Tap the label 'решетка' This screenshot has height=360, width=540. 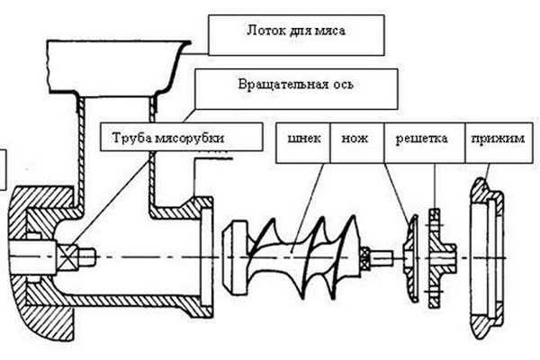(x=421, y=140)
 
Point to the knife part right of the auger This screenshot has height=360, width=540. (x=410, y=256)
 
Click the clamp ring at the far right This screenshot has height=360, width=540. (x=487, y=256)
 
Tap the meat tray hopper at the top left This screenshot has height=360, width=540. (x=108, y=67)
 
